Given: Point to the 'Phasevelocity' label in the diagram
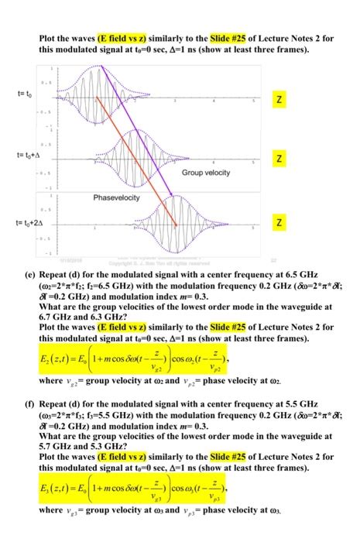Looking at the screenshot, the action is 116,198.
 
